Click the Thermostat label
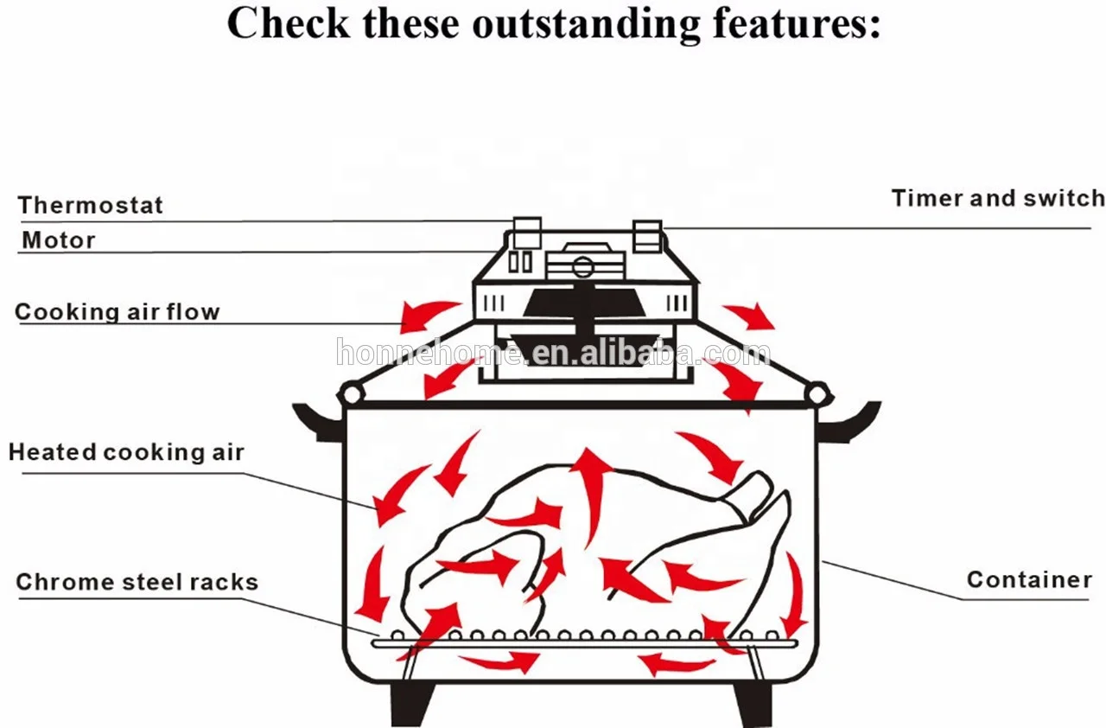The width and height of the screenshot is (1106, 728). point(91,205)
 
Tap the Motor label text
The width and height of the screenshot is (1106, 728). point(59,240)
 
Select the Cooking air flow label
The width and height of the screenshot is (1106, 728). point(117,312)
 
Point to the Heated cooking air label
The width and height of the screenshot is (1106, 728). point(126,452)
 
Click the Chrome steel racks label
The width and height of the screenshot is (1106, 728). point(137,582)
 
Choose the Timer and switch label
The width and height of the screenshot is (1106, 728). point(998,199)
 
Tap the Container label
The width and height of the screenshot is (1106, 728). point(1029,579)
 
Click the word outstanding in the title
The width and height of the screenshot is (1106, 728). point(586,25)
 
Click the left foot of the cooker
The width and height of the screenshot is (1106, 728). point(412,704)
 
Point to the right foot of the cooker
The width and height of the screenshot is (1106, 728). point(753,704)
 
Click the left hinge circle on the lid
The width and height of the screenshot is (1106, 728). point(352,394)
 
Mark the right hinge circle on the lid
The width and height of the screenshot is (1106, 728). point(817,394)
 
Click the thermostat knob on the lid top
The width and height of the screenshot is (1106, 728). point(527,233)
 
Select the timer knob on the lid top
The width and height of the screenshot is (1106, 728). point(647,237)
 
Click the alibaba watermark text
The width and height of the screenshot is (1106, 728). point(553,352)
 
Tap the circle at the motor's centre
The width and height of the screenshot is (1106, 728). point(582,267)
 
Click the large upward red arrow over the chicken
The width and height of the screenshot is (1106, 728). point(590,494)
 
